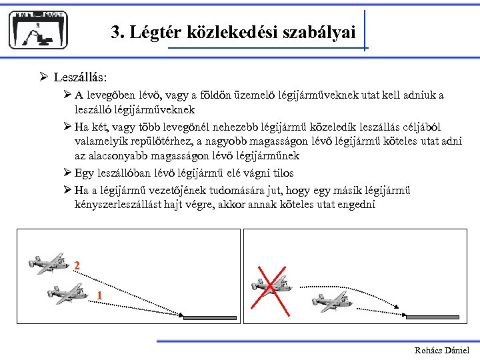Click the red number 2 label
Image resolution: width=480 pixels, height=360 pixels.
[x=77, y=266]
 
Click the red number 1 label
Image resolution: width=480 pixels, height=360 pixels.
[x=99, y=295]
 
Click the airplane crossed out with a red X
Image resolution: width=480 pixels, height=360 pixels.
[x=271, y=283]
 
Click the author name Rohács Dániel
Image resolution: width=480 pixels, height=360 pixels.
[x=442, y=350]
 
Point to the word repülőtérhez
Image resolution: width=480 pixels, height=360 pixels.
[x=159, y=141]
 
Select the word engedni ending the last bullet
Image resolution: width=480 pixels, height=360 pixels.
[x=356, y=205]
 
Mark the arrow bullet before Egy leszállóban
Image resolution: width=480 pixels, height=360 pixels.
[x=67, y=173]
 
